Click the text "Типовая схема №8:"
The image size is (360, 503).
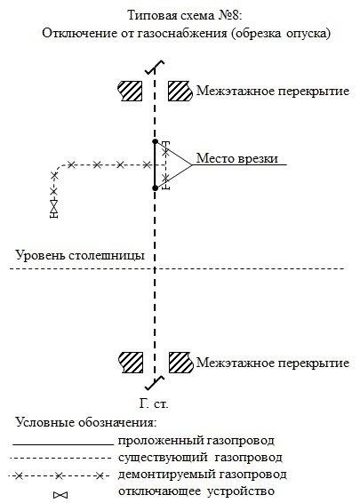pyautogui.click(x=184, y=15)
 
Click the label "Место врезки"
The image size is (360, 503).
pyautogui.click(x=236, y=158)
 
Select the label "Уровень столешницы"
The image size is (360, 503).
pyautogui.click(x=80, y=256)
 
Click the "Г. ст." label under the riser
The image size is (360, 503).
pyautogui.click(x=154, y=403)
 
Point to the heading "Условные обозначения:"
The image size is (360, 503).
pyautogui.click(x=86, y=422)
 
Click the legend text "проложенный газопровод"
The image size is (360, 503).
pyautogui.click(x=196, y=441)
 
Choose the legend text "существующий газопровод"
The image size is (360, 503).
pyautogui.click(x=200, y=458)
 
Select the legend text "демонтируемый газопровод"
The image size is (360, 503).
pyautogui.click(x=202, y=475)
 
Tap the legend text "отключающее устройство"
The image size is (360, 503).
pyautogui.click(x=196, y=491)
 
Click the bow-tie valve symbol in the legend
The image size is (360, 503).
pyautogui.click(x=60, y=495)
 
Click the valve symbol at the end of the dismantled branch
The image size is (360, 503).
pyautogui.click(x=54, y=209)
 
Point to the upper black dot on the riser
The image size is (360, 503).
pyautogui.click(x=155, y=141)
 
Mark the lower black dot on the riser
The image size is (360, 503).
pyautogui.click(x=155, y=188)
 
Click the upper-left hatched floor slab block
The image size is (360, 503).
pyautogui.click(x=130, y=91)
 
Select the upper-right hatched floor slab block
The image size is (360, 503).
pyautogui.click(x=180, y=91)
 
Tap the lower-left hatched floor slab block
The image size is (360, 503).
pyautogui.click(x=131, y=363)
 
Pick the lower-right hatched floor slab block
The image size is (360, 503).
pyautogui.click(x=181, y=363)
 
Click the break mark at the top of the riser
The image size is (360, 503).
pyautogui.click(x=155, y=68)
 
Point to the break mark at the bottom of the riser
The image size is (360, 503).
pyautogui.click(x=155, y=383)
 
